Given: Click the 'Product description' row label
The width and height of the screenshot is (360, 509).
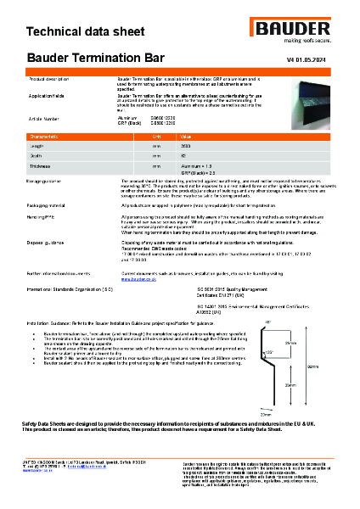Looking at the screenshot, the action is (x=49, y=77).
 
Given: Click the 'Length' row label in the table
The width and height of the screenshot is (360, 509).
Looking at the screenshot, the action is (x=40, y=146).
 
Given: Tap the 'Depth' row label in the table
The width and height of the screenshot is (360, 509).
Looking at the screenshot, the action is (x=39, y=156).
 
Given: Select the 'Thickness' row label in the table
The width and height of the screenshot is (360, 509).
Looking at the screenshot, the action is (x=42, y=166).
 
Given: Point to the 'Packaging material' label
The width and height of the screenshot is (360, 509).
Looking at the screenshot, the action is (x=49, y=206).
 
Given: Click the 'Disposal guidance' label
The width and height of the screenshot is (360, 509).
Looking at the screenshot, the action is (x=48, y=243).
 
